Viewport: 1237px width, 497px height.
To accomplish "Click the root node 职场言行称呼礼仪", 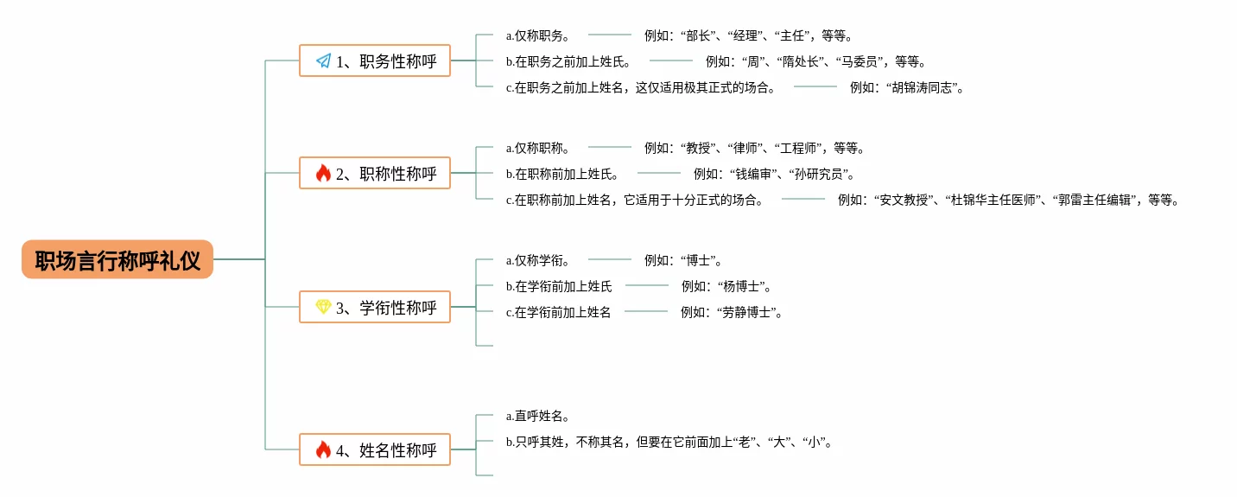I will (x=117, y=259).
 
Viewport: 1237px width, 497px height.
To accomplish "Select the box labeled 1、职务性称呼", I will (x=375, y=61).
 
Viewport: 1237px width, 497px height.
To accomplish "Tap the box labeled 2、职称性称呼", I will (x=375, y=173).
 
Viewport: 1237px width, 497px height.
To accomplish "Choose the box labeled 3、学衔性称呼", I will (x=375, y=307).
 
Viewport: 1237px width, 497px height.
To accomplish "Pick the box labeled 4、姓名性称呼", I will (x=375, y=449).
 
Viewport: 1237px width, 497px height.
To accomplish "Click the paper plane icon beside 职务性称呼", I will (x=323, y=61).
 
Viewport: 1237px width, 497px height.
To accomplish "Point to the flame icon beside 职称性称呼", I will (x=323, y=173).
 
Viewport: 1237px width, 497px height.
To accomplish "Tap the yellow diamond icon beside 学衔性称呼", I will (x=323, y=307).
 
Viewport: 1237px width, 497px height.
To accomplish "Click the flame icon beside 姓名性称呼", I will (x=323, y=449).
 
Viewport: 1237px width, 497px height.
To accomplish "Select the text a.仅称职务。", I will (x=537, y=35).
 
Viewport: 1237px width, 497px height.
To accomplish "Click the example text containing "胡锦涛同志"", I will (x=907, y=87).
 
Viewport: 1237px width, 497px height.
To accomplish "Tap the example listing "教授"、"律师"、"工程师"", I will (x=755, y=148).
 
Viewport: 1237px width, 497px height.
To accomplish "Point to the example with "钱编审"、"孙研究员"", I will (x=774, y=174).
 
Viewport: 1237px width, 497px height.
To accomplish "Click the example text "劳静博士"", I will (x=732, y=312).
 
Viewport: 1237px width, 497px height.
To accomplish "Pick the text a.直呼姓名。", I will (x=537, y=416).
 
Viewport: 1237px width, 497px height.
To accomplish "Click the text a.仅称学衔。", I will (x=537, y=260).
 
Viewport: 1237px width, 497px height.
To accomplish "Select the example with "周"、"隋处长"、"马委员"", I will (x=816, y=61).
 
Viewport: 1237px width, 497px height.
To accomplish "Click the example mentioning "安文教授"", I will (x=1008, y=200).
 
